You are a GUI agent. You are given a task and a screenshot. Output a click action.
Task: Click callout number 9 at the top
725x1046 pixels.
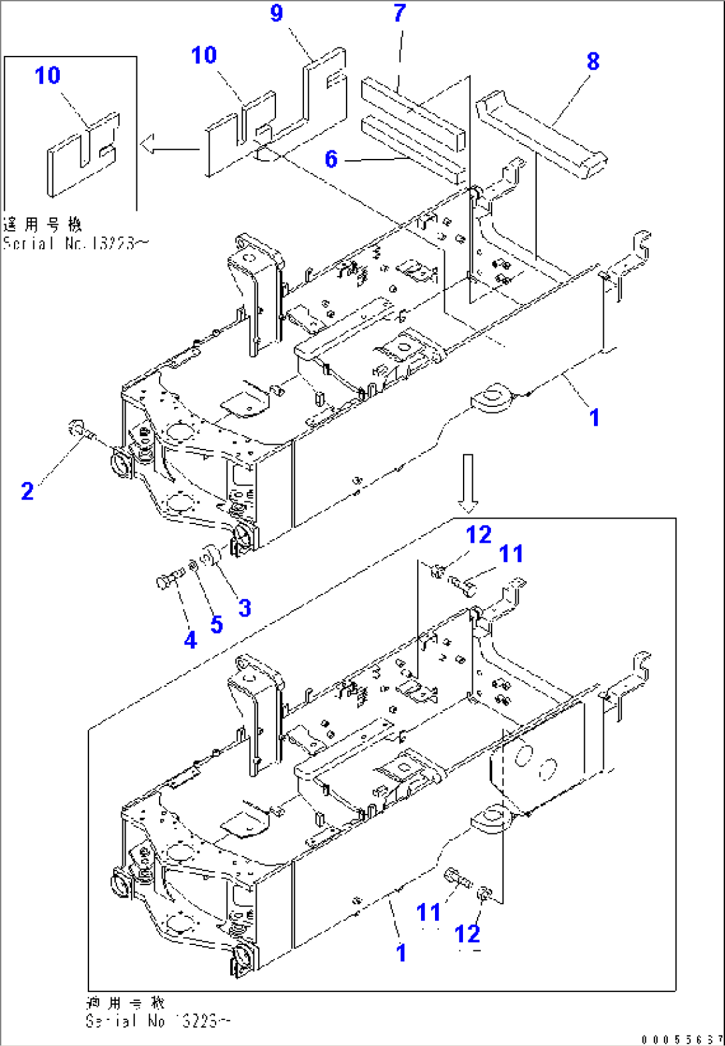click(x=277, y=13)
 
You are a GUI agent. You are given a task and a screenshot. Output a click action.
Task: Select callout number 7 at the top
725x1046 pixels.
click(x=399, y=13)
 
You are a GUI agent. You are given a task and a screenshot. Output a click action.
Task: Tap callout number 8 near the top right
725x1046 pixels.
click(x=593, y=62)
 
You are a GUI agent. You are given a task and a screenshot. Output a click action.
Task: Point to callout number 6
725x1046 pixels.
click(x=331, y=159)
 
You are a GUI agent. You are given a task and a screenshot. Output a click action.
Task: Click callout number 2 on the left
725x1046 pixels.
click(x=27, y=491)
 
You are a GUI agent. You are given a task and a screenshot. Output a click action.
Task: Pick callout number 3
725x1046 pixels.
click(x=245, y=608)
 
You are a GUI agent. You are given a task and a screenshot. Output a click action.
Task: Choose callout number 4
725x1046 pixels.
click(x=190, y=640)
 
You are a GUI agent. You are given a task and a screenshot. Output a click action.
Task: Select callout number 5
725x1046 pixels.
click(x=216, y=625)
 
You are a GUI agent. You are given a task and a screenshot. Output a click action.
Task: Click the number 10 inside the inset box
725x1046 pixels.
click(x=47, y=76)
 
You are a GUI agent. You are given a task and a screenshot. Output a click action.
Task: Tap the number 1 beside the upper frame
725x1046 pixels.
click(x=595, y=418)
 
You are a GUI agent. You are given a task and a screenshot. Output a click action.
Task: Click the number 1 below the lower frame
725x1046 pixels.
click(x=401, y=953)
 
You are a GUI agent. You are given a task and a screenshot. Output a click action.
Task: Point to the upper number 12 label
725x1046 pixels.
click(x=478, y=535)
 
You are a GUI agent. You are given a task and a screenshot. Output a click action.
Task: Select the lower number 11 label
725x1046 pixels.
click(x=428, y=912)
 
